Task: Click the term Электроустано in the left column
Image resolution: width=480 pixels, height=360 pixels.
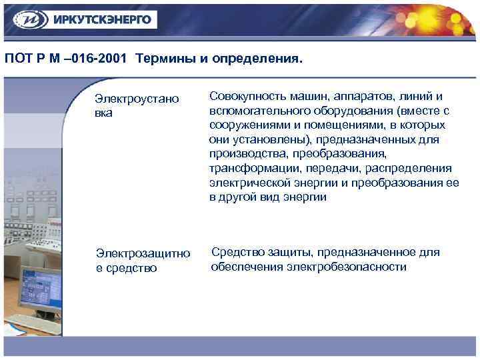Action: [137, 99]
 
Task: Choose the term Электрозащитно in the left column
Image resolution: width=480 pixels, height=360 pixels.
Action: [143, 254]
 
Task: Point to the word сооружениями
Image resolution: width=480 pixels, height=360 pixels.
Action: [244, 125]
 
